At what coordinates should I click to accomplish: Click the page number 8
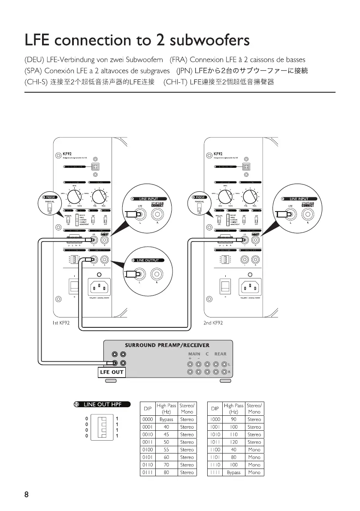point(26,495)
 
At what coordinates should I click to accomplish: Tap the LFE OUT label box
point(112,372)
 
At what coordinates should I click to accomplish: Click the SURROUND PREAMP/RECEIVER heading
point(167,345)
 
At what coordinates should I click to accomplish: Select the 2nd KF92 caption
point(213,322)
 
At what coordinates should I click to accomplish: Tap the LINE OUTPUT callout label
point(148,260)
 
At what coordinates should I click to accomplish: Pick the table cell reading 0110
point(147,465)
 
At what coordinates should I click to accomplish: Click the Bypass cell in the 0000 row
point(166,419)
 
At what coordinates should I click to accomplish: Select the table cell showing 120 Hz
point(233,442)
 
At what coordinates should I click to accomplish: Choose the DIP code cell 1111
point(215,472)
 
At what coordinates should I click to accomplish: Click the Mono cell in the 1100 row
point(254,450)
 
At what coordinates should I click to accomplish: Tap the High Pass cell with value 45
point(166,434)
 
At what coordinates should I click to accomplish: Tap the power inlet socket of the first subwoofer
point(99,285)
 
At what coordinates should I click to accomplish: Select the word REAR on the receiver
point(220,354)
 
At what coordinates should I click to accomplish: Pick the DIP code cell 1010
point(215,434)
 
